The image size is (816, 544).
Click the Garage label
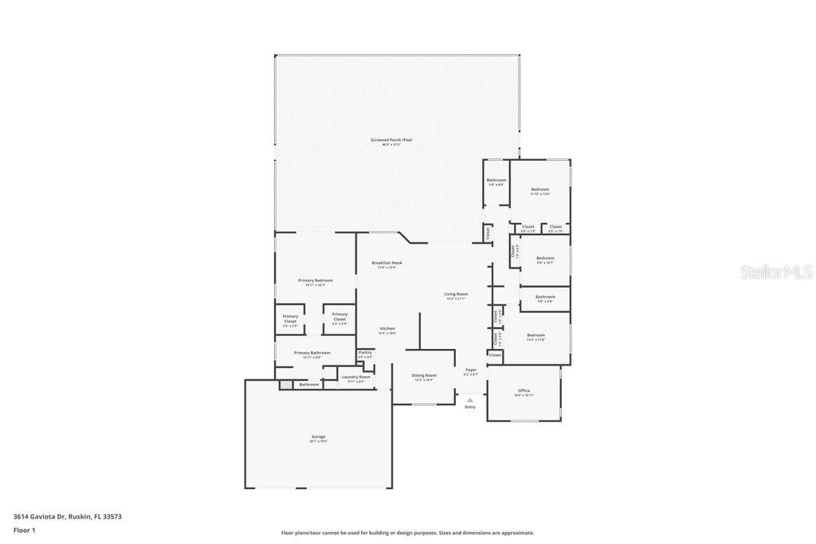pyautogui.click(x=318, y=436)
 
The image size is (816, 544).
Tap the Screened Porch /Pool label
pyautogui.click(x=391, y=140)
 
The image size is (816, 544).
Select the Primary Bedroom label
pyautogui.click(x=316, y=280)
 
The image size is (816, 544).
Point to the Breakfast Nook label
pyautogui.click(x=386, y=263)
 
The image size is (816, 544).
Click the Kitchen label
pyautogui.click(x=387, y=329)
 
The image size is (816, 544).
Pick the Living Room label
pyautogui.click(x=456, y=295)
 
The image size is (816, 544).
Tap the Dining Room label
pyautogui.click(x=424, y=375)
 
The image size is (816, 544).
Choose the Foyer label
pyautogui.click(x=471, y=370)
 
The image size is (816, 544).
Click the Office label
pyautogui.click(x=524, y=391)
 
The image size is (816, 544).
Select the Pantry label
pyautogui.click(x=365, y=352)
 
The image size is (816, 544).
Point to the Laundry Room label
pyautogui.click(x=356, y=377)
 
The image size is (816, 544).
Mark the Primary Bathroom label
pyautogui.click(x=312, y=353)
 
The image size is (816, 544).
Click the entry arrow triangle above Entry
pyautogui.click(x=470, y=400)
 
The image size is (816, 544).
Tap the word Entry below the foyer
pyautogui.click(x=470, y=407)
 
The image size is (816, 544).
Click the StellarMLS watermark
pyautogui.click(x=776, y=272)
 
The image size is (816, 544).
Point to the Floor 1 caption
pyautogui.click(x=25, y=530)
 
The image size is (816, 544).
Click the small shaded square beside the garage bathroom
pyautogui.click(x=285, y=385)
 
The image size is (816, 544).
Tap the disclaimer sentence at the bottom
pyautogui.click(x=407, y=533)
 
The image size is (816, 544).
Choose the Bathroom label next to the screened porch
pyautogui.click(x=496, y=180)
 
